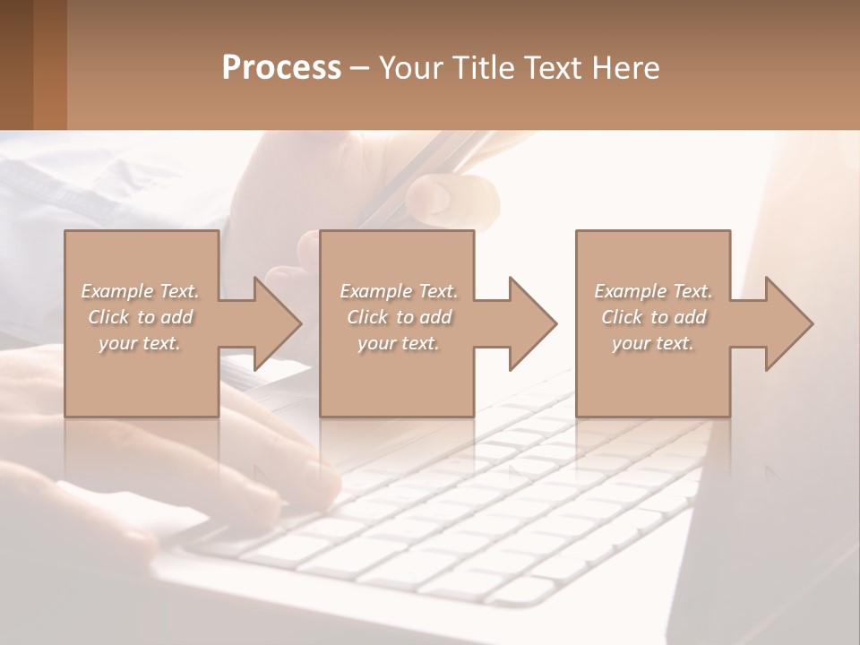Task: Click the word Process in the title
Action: [281, 68]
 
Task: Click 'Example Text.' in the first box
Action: [140, 291]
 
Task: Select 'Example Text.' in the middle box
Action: [399, 291]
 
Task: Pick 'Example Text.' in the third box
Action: [653, 291]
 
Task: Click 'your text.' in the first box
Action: [140, 343]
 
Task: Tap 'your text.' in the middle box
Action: [399, 343]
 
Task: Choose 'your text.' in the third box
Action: [653, 343]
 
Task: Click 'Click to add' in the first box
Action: [140, 317]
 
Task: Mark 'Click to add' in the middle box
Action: [399, 317]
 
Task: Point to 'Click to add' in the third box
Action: [653, 317]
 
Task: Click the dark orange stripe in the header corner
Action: [49, 64]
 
